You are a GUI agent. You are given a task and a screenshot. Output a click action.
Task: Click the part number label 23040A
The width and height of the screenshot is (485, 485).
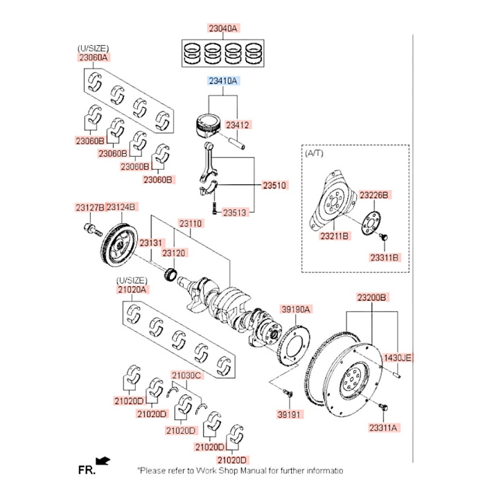coord(223,28)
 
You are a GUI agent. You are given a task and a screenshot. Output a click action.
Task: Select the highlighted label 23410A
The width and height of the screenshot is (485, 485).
coord(223,81)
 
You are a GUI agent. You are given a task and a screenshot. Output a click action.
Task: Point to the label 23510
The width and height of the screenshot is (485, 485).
coord(274,186)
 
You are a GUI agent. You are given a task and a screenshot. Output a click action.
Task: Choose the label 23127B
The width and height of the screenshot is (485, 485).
coord(89,207)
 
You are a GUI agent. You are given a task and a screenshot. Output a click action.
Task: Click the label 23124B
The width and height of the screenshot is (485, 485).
coord(122,207)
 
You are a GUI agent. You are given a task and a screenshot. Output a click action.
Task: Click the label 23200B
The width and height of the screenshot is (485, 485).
coord(372,297)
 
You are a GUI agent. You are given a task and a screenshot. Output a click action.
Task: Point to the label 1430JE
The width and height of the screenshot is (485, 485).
coord(398,358)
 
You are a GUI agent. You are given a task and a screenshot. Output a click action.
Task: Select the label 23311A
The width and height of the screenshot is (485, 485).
coord(383,428)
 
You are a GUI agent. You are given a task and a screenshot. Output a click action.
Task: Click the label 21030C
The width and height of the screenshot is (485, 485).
coord(186,375)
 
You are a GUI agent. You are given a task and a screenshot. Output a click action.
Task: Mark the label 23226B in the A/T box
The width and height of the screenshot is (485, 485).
coord(374,195)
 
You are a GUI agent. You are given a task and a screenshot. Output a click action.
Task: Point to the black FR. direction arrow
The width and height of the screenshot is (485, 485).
coord(103,460)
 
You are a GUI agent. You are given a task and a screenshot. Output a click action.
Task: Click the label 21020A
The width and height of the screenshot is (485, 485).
coord(132,289)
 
